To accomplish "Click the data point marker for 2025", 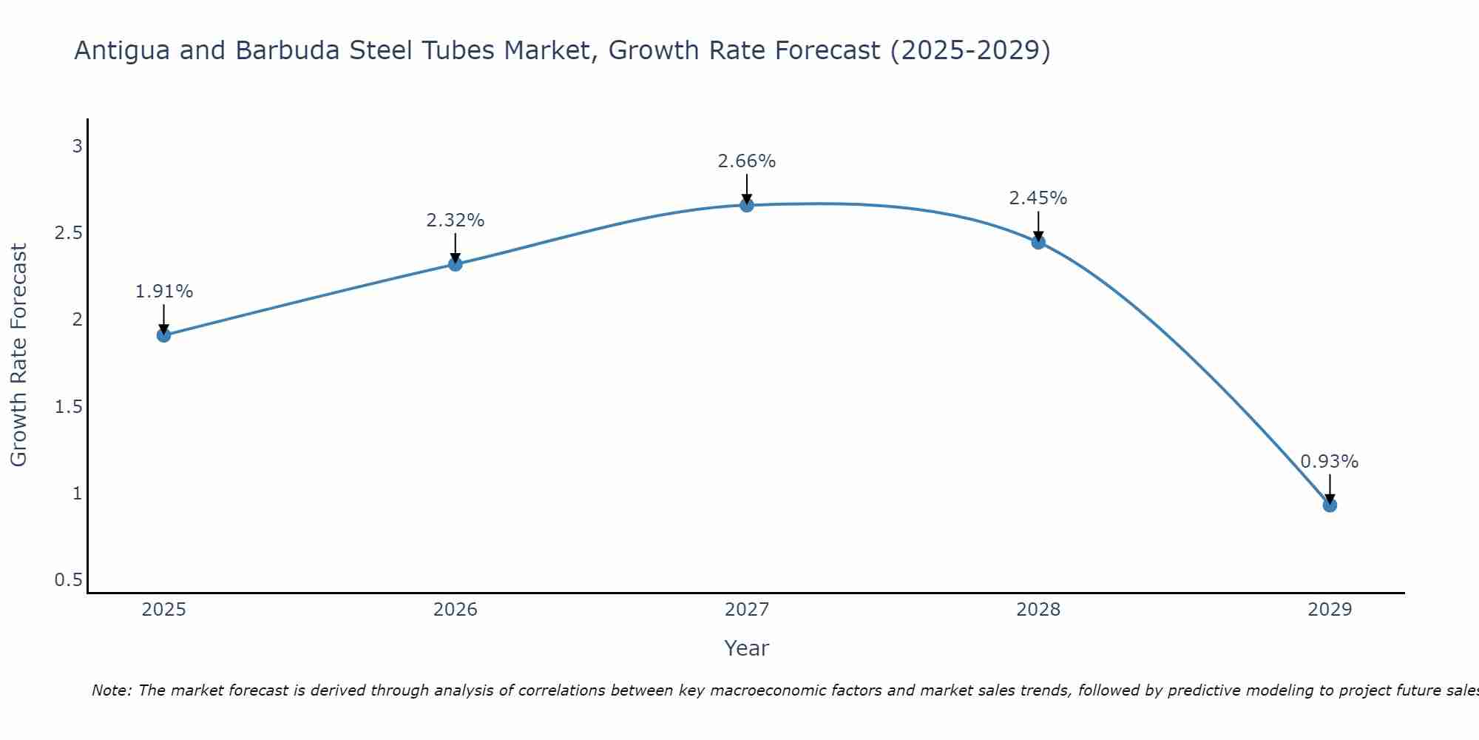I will tap(164, 335).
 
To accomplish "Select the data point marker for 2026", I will tap(456, 264).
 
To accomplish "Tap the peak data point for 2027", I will tap(747, 205).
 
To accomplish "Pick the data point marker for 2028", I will tap(1038, 242).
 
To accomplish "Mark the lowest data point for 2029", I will tap(1330, 505).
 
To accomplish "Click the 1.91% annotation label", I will tap(164, 292).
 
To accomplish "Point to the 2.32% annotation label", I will tap(456, 221).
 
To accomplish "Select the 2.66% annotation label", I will tap(747, 161).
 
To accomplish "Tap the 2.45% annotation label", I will tap(1038, 198).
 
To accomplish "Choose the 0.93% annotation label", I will tap(1330, 462).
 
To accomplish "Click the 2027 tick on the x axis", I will tap(747, 610).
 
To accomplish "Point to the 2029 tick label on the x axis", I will tap(1330, 610).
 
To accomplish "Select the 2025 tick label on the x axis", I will tap(164, 610).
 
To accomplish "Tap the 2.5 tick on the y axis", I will tap(68, 233).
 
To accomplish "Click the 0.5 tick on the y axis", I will tap(68, 580).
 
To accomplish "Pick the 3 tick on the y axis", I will tap(77, 147).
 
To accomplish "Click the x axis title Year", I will tap(747, 648).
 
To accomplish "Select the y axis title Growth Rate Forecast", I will tap(19, 355).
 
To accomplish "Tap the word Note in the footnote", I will tap(111, 690).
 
